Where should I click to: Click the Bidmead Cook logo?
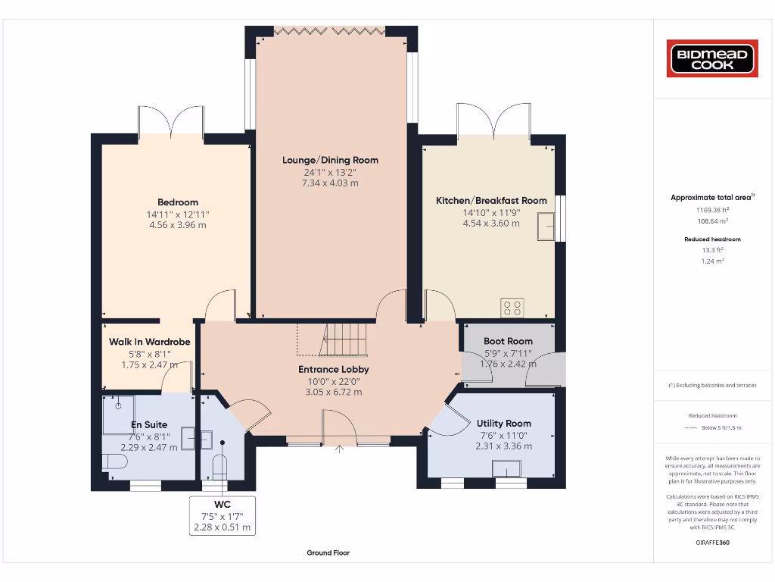coord(711,58)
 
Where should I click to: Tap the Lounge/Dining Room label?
coord(330,160)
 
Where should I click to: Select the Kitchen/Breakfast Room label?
coord(491,201)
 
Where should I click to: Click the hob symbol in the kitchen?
coord(512,308)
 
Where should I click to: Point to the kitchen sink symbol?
coord(546,227)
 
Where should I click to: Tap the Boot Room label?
coord(508,341)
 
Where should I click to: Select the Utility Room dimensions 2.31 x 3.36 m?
coord(503,446)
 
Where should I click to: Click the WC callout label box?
coord(223,515)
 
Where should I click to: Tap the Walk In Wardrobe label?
coord(149,342)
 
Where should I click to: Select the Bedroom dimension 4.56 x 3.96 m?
coord(178,225)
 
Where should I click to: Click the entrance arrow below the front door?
coord(339,449)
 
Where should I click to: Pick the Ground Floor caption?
coord(328,553)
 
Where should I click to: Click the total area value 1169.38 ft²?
coord(712,210)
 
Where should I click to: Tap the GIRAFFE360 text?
coord(711,542)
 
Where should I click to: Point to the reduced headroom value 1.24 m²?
coord(711,261)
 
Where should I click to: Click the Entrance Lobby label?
coord(333,369)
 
